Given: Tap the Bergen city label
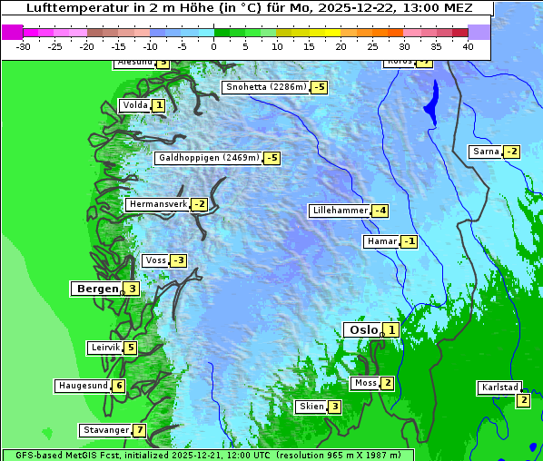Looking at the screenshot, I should click(x=97, y=289).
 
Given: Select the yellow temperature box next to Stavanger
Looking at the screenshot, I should click(x=139, y=430).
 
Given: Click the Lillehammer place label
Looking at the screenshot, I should click(x=340, y=211).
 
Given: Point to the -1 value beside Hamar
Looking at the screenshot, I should click(x=410, y=241).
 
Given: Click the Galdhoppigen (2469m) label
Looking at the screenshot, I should click(x=209, y=158).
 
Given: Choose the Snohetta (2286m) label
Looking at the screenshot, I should click(x=266, y=87).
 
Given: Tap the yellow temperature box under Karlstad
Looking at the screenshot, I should click(x=523, y=400).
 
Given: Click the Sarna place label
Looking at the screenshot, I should click(x=486, y=152).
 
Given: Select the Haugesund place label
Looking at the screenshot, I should click(x=83, y=386).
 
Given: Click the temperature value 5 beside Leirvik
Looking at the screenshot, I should click(x=130, y=348).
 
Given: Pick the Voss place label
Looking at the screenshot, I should click(x=155, y=260).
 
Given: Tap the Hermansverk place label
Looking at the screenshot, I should click(x=158, y=204).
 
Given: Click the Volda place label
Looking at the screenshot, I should click(x=134, y=105).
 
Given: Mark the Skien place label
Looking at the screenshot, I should click(x=311, y=407).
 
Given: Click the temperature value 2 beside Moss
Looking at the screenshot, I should click(x=388, y=383).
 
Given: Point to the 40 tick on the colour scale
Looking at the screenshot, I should click(x=468, y=46).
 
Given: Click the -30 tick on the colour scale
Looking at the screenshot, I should click(x=24, y=46).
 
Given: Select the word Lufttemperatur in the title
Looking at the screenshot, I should click(x=69, y=7).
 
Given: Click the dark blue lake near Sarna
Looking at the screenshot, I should click(x=430, y=102).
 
